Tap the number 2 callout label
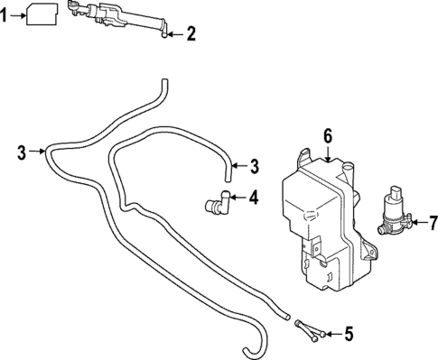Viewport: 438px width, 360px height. point(191,35)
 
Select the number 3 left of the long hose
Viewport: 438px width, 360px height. point(23,152)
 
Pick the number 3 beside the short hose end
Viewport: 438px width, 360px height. point(254,166)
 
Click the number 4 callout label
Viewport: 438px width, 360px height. point(254,198)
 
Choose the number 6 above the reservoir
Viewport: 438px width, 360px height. point(329,135)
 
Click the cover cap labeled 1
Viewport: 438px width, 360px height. point(44,15)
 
